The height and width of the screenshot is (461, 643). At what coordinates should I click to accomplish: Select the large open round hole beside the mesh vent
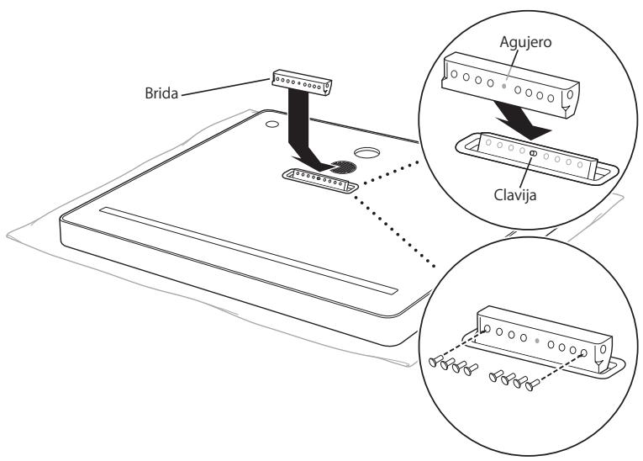[366, 155]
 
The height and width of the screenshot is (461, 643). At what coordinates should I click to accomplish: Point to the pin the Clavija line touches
[533, 153]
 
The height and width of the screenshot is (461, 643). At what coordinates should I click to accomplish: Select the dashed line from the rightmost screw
[558, 371]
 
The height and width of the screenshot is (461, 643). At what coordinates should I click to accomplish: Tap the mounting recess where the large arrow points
[321, 181]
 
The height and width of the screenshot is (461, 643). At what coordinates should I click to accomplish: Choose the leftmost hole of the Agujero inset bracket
[456, 73]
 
